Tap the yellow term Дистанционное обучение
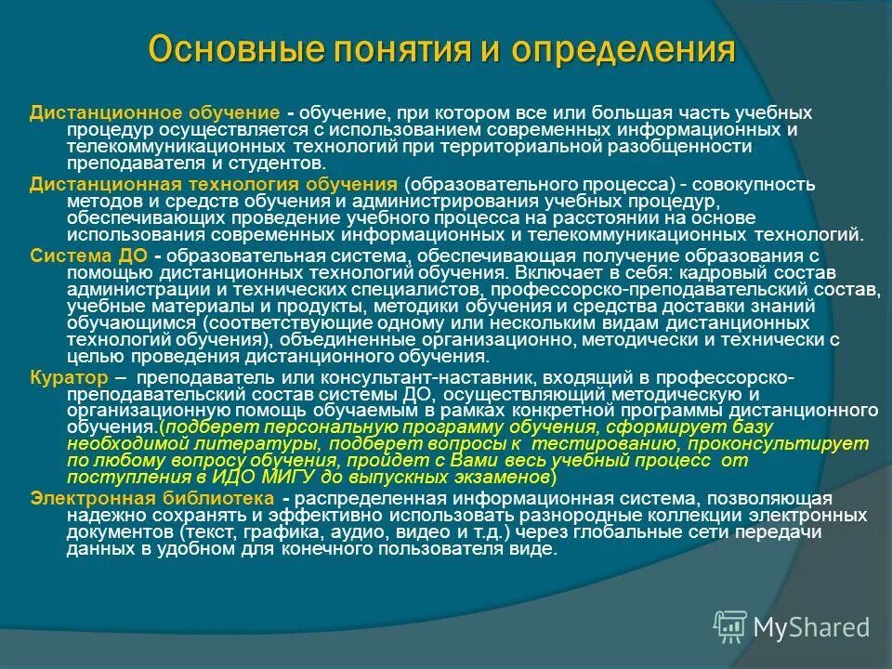[x=154, y=111]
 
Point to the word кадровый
[x=715, y=273]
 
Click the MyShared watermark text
[x=811, y=627]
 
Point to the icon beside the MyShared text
[x=728, y=626]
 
